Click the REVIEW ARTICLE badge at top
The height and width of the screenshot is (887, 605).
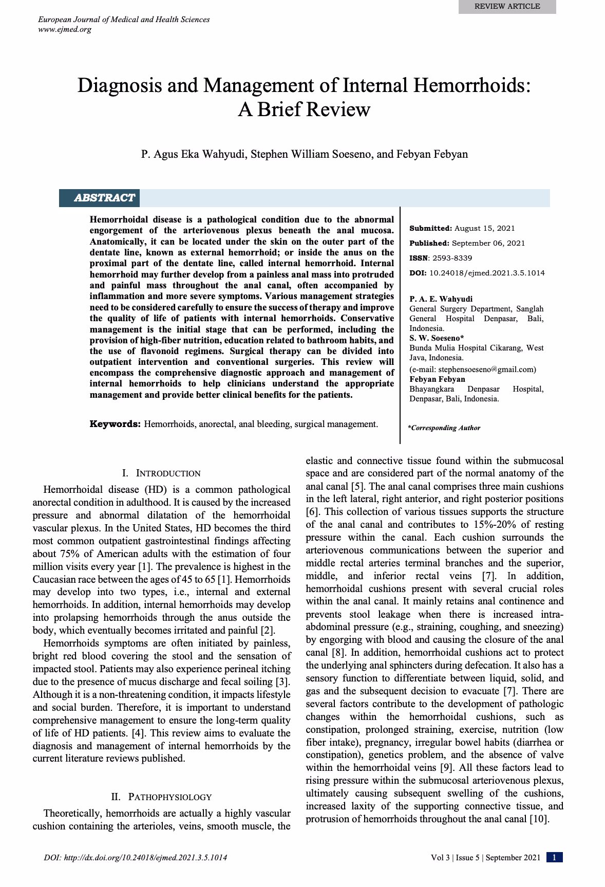(x=507, y=6)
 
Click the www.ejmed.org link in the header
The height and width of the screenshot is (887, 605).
(x=65, y=29)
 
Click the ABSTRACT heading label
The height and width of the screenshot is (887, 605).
(x=104, y=198)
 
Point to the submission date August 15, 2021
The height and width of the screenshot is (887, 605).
(x=485, y=228)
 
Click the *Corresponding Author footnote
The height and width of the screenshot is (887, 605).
(x=444, y=428)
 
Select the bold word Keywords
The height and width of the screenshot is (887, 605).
(x=115, y=424)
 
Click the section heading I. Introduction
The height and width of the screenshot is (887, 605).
(x=161, y=473)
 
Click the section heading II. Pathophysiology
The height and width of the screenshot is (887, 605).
(x=161, y=797)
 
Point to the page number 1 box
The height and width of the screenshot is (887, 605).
(x=555, y=857)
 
